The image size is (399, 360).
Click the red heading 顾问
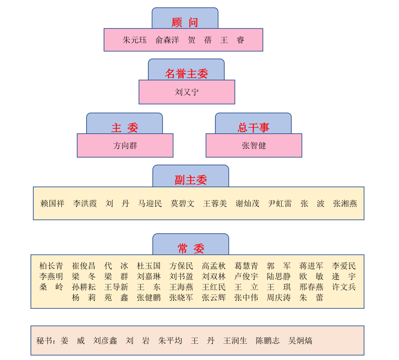pyautogui.click(x=185, y=22)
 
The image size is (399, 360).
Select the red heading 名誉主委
pyautogui.click(x=186, y=74)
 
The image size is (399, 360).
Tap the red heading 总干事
pyautogui.click(x=253, y=128)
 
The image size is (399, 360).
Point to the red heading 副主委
pyautogui.click(x=191, y=180)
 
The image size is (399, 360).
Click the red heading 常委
pyautogui.click(x=191, y=248)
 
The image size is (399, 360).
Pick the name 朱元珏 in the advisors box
pyautogui.click(x=135, y=40)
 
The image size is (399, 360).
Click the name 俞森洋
pyautogui.click(x=167, y=40)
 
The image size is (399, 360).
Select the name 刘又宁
pyautogui.click(x=187, y=92)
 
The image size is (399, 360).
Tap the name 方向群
pyautogui.click(x=125, y=145)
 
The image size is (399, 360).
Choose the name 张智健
pyautogui.click(x=254, y=145)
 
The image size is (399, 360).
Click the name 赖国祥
pyautogui.click(x=52, y=204)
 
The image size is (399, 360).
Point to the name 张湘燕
pyautogui.click(x=345, y=204)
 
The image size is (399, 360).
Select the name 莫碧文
pyautogui.click(x=182, y=204)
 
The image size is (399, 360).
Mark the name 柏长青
pyautogui.click(x=51, y=266)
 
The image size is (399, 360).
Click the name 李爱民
pyautogui.click(x=344, y=266)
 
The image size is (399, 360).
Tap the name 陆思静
pyautogui.click(x=279, y=277)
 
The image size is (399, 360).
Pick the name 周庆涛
pyautogui.click(x=279, y=298)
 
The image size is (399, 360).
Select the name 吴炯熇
pyautogui.click(x=300, y=341)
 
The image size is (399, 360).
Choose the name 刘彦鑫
pyautogui.click(x=105, y=341)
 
